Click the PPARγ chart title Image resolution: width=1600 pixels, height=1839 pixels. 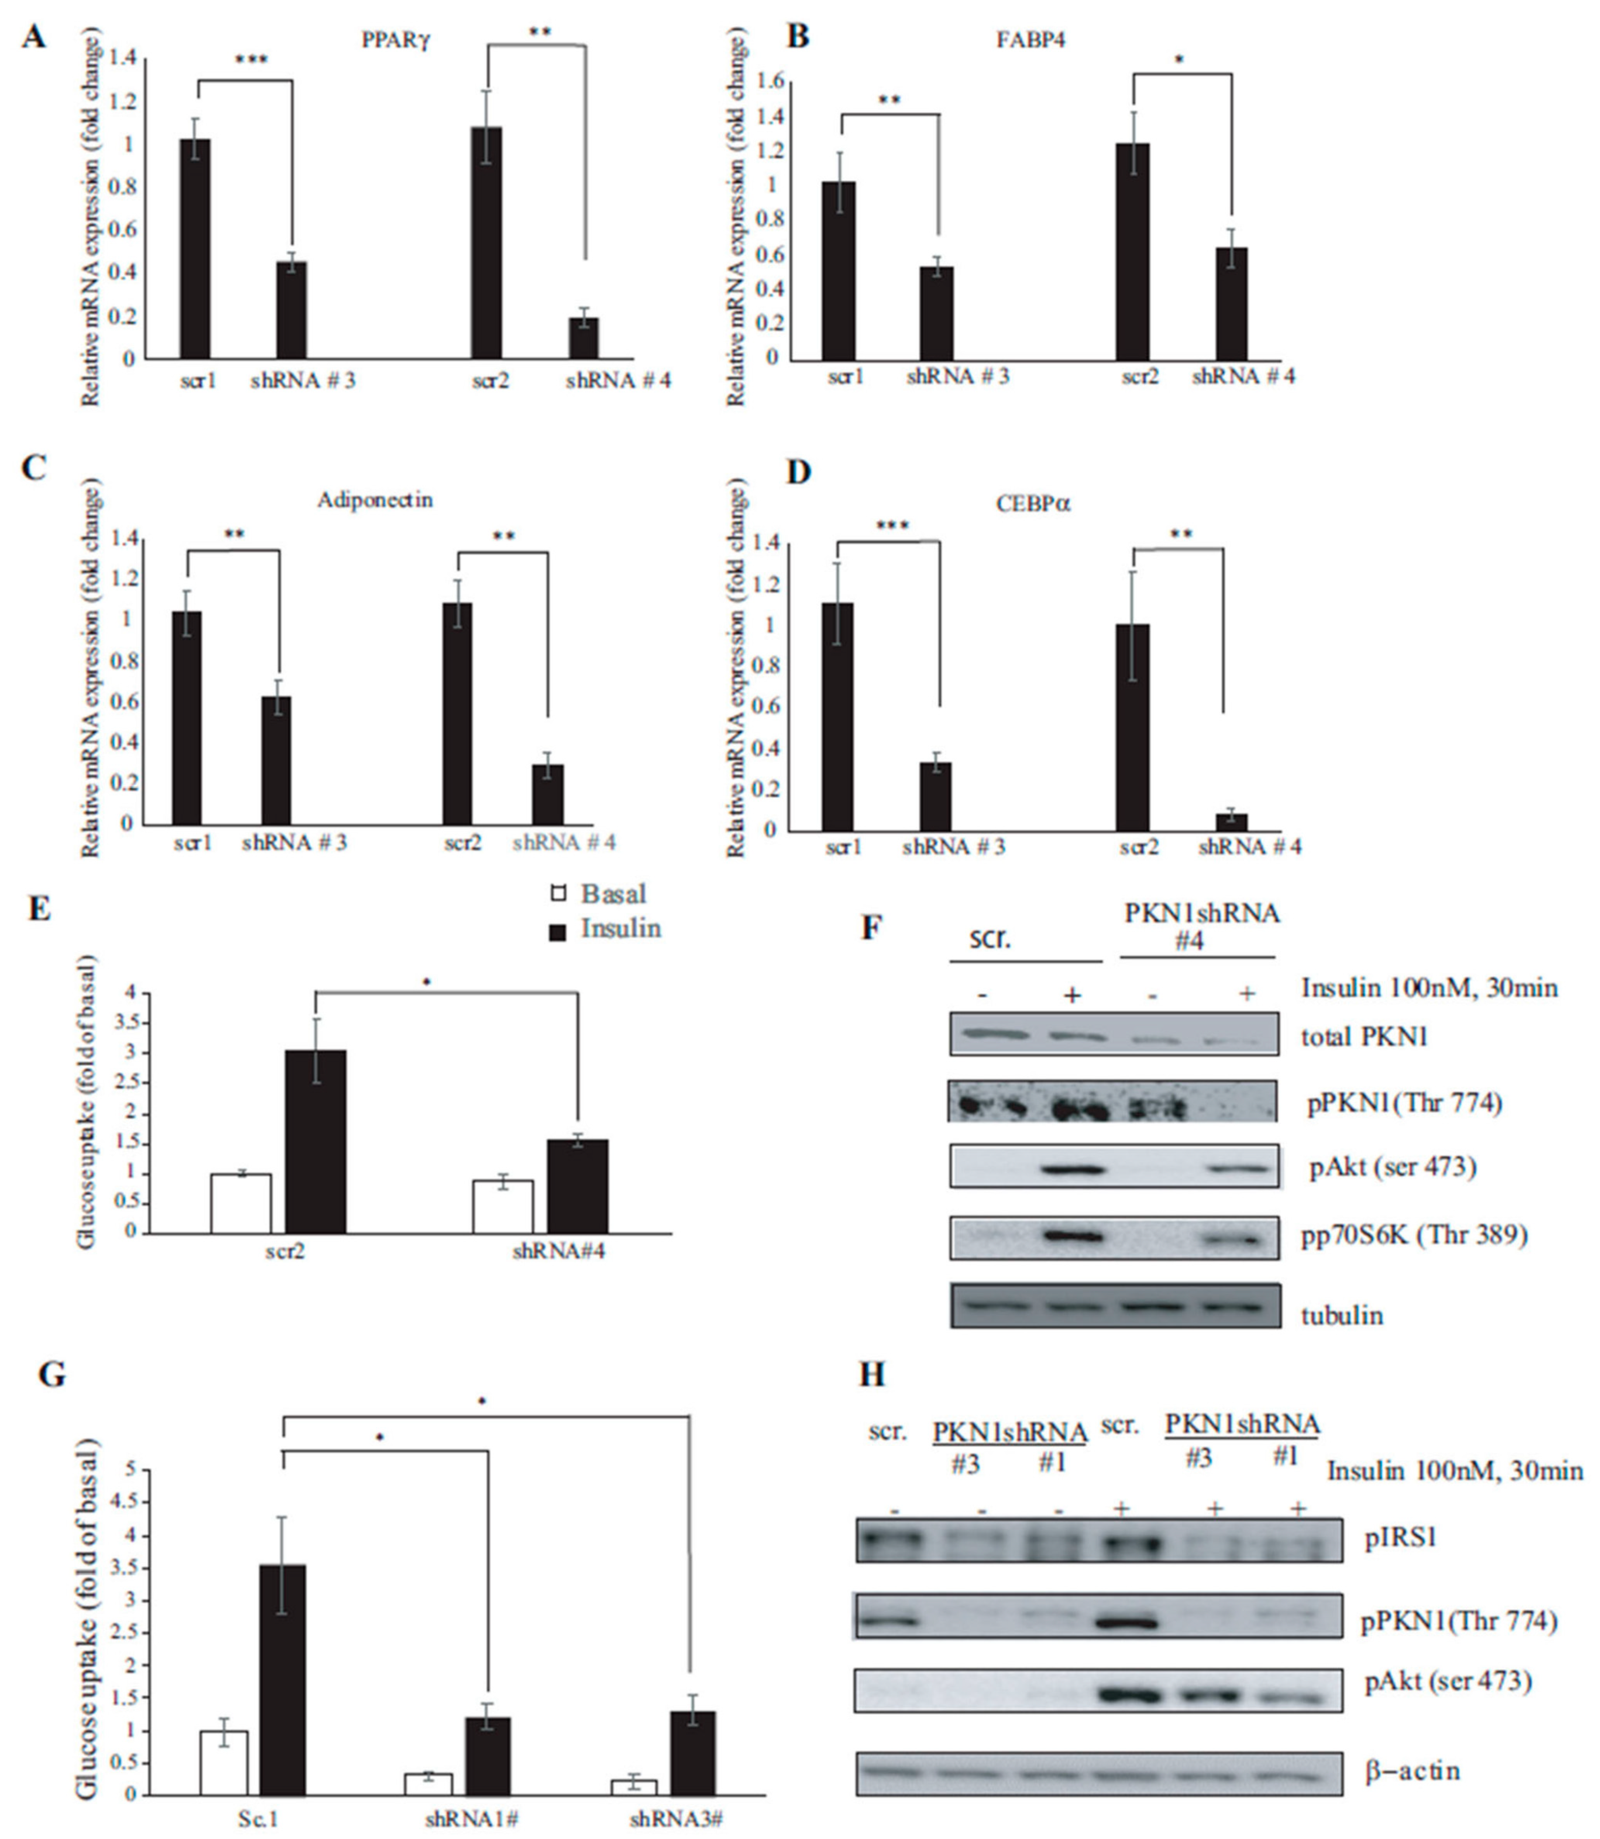(x=396, y=40)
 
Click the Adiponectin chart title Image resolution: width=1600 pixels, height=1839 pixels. (x=375, y=499)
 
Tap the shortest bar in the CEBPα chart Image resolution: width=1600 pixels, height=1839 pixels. (x=1232, y=822)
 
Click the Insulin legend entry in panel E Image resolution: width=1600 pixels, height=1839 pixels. (x=607, y=929)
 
